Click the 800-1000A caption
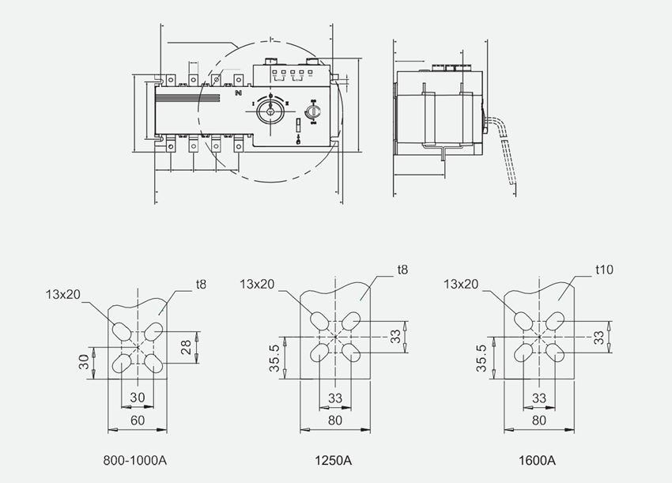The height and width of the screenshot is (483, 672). pyautogui.click(x=135, y=459)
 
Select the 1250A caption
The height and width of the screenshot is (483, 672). pyautogui.click(x=335, y=459)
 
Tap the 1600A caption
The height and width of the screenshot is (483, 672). pyautogui.click(x=538, y=459)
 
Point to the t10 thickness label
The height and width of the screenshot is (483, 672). pyautogui.click(x=604, y=270)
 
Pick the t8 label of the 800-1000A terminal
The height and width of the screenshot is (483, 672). pyautogui.click(x=200, y=282)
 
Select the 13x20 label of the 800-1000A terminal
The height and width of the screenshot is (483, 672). pyautogui.click(x=62, y=294)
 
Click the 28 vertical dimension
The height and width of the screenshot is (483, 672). pyautogui.click(x=187, y=345)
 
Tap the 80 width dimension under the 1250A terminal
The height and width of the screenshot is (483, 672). pyautogui.click(x=335, y=421)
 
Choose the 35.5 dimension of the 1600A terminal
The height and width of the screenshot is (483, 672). pyautogui.click(x=480, y=357)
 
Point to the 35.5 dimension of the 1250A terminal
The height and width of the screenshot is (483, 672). pyautogui.click(x=274, y=357)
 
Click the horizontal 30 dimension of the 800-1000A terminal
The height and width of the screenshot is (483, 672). pyautogui.click(x=137, y=397)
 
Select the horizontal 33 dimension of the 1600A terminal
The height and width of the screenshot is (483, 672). pyautogui.click(x=540, y=397)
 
